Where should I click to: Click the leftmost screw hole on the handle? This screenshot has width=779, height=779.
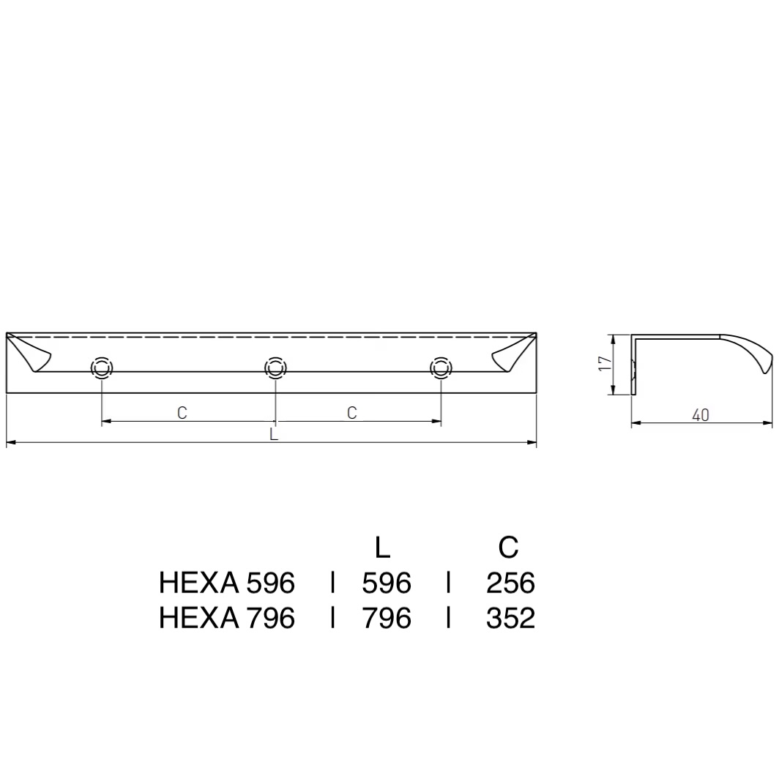(101, 368)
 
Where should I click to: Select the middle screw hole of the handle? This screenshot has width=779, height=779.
(275, 368)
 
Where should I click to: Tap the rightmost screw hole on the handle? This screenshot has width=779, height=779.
(441, 368)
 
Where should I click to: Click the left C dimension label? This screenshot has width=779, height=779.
(182, 412)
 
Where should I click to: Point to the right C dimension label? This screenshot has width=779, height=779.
(351, 412)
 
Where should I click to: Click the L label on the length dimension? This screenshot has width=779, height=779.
(273, 433)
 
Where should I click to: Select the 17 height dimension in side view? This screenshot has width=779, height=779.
(605, 363)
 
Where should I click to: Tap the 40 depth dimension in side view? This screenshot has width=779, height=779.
(701, 415)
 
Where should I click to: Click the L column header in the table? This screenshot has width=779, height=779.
(382, 547)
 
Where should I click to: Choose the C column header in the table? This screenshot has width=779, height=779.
(508, 547)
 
